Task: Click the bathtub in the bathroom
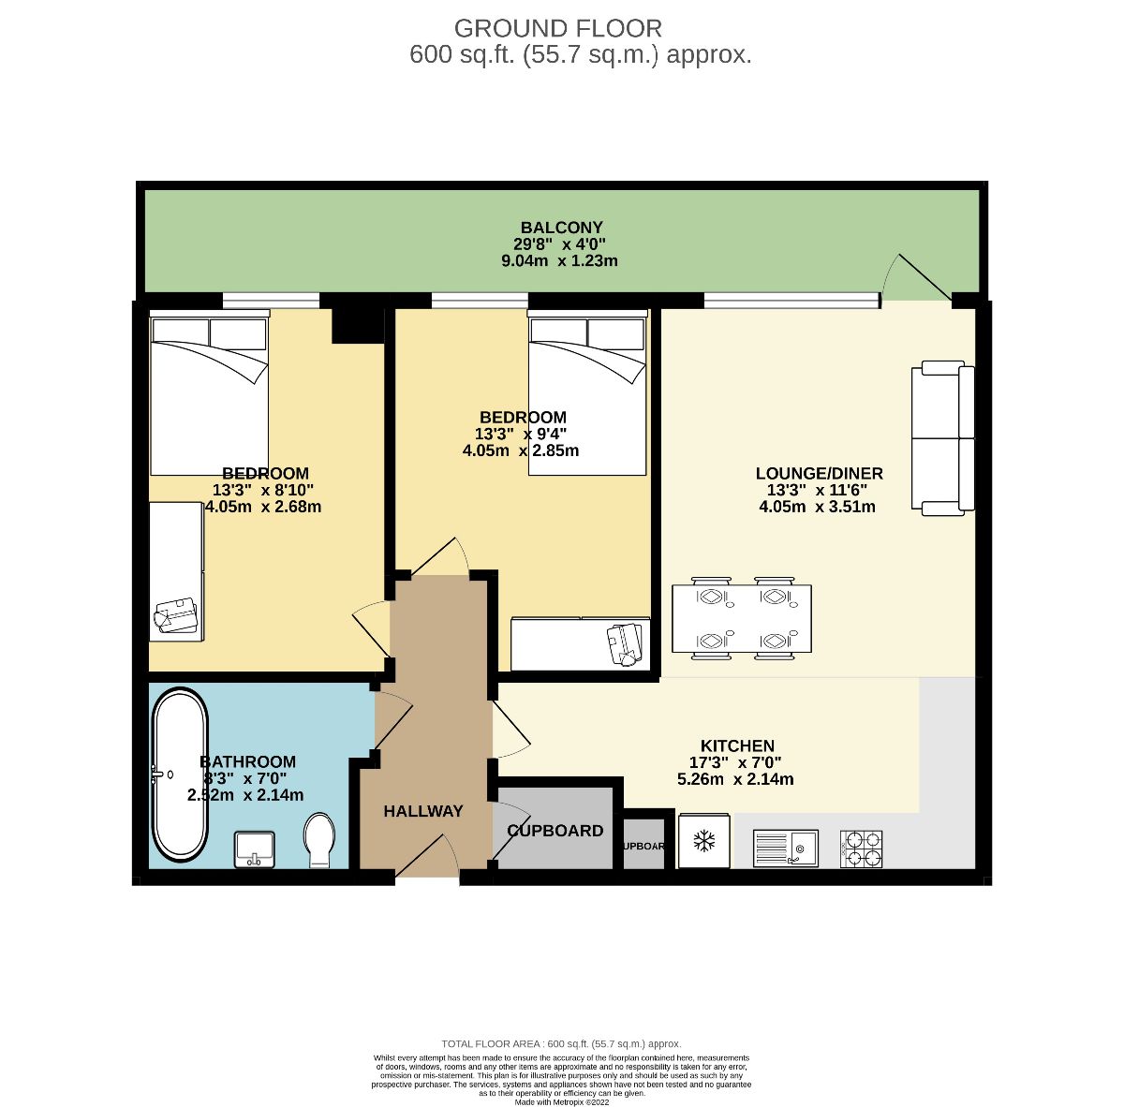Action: pyautogui.click(x=180, y=775)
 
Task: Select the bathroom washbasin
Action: pyautogui.click(x=255, y=849)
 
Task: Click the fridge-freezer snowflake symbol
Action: pyautogui.click(x=703, y=841)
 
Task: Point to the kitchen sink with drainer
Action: pyautogui.click(x=785, y=848)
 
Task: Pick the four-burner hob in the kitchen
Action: pyautogui.click(x=861, y=849)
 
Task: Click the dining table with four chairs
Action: pyautogui.click(x=741, y=619)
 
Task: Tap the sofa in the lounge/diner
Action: pyautogui.click(x=942, y=438)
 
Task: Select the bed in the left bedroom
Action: pyautogui.click(x=210, y=393)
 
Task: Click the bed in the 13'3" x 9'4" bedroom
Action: pyautogui.click(x=587, y=393)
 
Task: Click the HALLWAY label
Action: pyautogui.click(x=423, y=811)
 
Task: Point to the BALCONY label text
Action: pyautogui.click(x=561, y=228)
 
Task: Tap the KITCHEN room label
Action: pyautogui.click(x=737, y=745)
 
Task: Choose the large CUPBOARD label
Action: pyautogui.click(x=555, y=831)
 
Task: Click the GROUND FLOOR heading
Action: pyautogui.click(x=557, y=28)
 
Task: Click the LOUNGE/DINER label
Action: pyautogui.click(x=819, y=473)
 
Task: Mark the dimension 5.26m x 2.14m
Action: pyautogui.click(x=735, y=778)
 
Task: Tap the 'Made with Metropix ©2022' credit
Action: pyautogui.click(x=562, y=1102)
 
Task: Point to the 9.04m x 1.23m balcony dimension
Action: pyautogui.click(x=560, y=261)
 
